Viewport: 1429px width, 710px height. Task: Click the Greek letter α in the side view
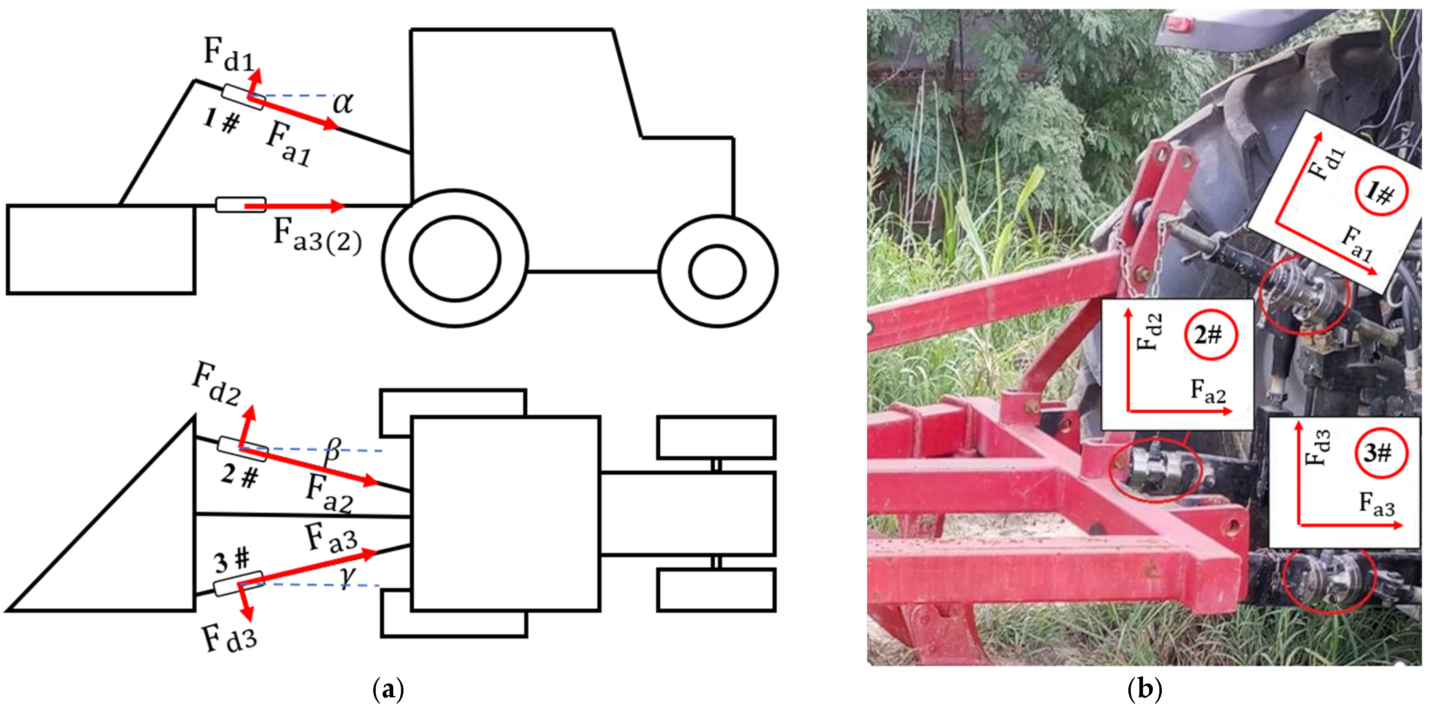(x=343, y=103)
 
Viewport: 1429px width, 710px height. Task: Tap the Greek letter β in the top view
(x=332, y=450)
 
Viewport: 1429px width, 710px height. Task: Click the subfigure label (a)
(x=388, y=690)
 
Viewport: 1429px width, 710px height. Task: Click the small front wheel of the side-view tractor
(x=717, y=271)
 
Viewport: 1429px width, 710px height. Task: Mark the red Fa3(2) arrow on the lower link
(x=295, y=206)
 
